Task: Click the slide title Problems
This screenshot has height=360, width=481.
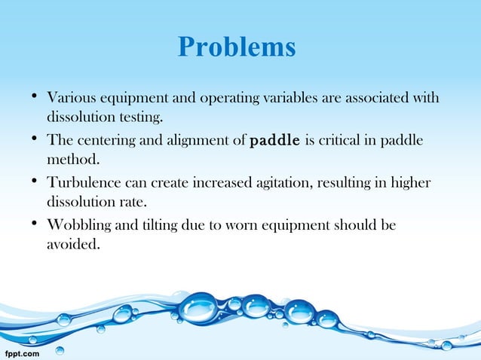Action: pyautogui.click(x=237, y=47)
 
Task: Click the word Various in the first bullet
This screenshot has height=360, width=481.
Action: pyautogui.click(x=70, y=98)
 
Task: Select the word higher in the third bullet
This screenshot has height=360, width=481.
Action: pyautogui.click(x=415, y=183)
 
